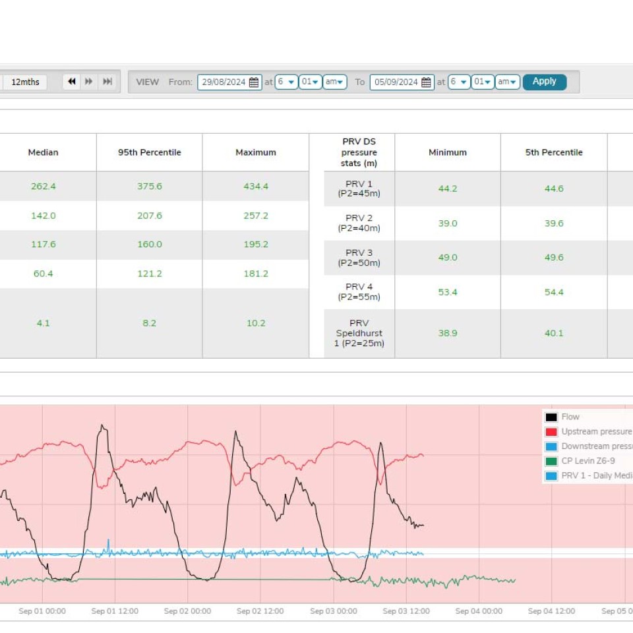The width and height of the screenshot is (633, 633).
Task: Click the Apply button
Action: (544, 82)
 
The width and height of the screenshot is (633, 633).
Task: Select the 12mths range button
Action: (25, 82)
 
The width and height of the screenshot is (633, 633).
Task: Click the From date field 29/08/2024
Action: (229, 82)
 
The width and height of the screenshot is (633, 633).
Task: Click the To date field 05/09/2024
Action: (402, 82)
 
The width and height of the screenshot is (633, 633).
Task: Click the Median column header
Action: (43, 152)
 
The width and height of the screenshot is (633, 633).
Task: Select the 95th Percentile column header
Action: (150, 152)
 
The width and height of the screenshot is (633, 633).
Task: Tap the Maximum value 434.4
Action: (256, 187)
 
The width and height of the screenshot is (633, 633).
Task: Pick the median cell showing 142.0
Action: (43, 216)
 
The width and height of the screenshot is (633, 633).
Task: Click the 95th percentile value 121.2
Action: (150, 274)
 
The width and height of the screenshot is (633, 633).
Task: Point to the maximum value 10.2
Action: (256, 323)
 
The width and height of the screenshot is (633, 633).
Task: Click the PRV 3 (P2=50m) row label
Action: (359, 258)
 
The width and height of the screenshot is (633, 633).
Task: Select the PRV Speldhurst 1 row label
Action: (359, 333)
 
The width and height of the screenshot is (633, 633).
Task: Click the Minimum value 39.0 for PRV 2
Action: (448, 224)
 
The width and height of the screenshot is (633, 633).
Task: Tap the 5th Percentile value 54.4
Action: (554, 292)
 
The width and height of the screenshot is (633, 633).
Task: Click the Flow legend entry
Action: (570, 417)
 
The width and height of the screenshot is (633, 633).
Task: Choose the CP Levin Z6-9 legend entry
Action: (588, 461)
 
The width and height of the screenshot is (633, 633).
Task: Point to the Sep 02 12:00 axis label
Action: (260, 611)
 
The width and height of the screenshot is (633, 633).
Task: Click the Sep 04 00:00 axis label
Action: (479, 611)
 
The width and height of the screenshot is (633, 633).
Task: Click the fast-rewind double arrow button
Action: (72, 82)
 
